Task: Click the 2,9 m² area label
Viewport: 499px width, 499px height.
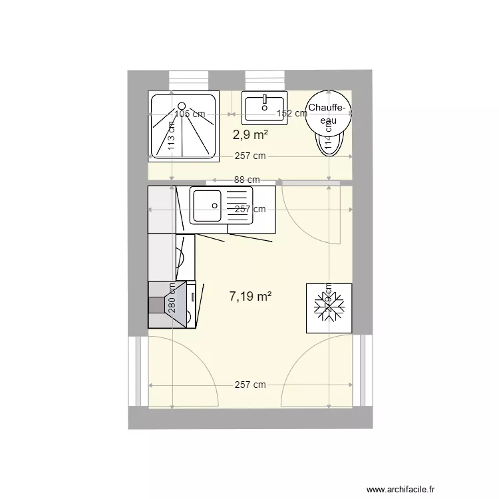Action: point(250,135)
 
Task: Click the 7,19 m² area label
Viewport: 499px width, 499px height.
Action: point(250,297)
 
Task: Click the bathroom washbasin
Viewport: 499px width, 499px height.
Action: point(264,107)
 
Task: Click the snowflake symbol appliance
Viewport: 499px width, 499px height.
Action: point(328,307)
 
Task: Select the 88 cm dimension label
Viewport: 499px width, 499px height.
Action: point(246,180)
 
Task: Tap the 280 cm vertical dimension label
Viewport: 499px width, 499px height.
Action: point(172,297)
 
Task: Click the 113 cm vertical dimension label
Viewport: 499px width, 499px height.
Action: point(172,137)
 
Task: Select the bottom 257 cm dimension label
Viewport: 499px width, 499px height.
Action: point(249,385)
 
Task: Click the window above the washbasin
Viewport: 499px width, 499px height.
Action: point(266,79)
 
